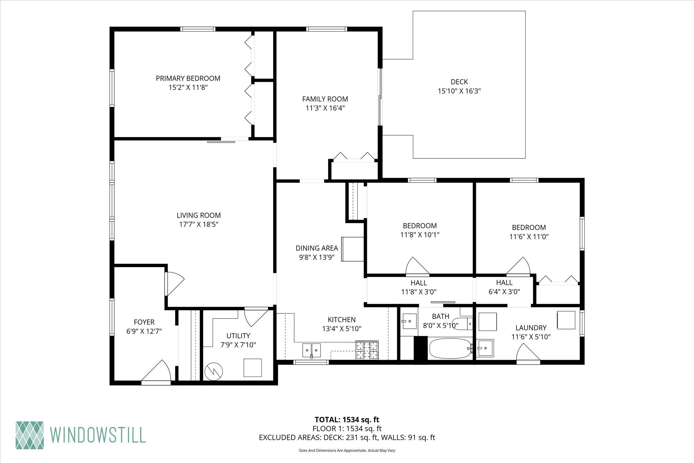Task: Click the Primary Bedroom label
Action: tap(188, 78)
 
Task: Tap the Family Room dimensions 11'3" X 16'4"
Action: tap(325, 108)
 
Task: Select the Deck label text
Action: tap(459, 82)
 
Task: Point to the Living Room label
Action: tap(199, 215)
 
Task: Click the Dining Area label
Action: tap(317, 248)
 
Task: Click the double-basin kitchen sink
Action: tap(311, 350)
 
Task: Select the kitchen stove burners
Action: tap(367, 350)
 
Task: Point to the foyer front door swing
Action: tap(157, 371)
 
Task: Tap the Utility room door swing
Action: tap(255, 317)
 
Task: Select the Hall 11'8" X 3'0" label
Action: tap(419, 287)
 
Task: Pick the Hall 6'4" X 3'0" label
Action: tap(504, 287)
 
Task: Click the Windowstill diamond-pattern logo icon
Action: tap(30, 435)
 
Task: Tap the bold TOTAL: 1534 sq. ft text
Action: tap(347, 420)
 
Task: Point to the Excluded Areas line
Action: tap(347, 438)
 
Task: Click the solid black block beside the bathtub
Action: tap(421, 350)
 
